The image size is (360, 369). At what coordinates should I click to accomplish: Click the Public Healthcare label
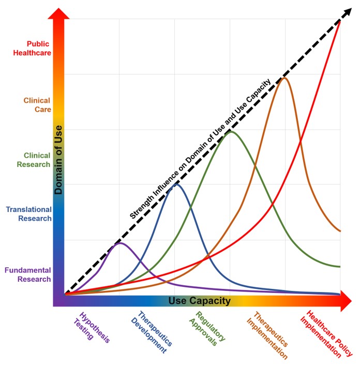tap(33, 49)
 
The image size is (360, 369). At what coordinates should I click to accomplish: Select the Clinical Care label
tap(37, 105)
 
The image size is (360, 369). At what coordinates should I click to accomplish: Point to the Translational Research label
tap(29, 214)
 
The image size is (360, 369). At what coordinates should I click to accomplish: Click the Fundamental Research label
tap(28, 274)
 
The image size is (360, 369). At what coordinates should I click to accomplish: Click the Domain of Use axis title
tap(58, 160)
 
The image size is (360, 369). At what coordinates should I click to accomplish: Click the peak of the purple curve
tap(120, 243)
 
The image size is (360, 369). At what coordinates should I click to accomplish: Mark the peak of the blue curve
tap(176, 185)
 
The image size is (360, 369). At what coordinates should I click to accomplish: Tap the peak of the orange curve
tap(283, 78)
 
